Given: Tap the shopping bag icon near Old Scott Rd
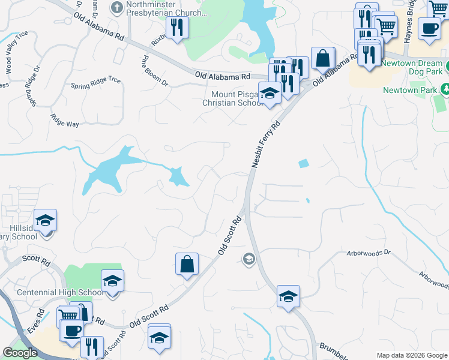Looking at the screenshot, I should [187, 263].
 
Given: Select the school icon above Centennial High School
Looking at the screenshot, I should [112, 280].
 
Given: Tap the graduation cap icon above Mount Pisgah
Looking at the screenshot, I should [270, 92].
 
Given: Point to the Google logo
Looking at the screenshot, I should [20, 353].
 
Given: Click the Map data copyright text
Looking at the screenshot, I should [411, 355].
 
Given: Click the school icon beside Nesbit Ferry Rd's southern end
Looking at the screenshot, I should [288, 296].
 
